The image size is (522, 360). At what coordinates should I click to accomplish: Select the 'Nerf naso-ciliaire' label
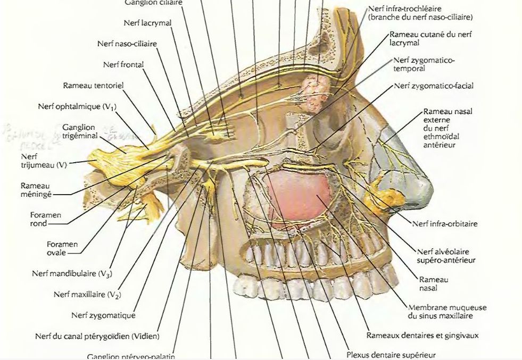click(127, 44)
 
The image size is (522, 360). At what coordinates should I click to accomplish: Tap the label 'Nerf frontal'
click(123, 65)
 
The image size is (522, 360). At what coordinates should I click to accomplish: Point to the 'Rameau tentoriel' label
click(94, 85)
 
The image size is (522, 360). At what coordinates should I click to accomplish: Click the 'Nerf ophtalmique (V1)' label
click(77, 106)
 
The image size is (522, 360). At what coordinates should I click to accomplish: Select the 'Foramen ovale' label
click(62, 248)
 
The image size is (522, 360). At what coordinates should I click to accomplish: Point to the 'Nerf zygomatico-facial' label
click(434, 86)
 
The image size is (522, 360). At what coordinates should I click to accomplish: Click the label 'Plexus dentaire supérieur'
click(391, 354)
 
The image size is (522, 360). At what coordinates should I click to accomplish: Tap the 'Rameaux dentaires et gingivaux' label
click(422, 336)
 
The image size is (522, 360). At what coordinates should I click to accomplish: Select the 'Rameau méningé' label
click(36, 190)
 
